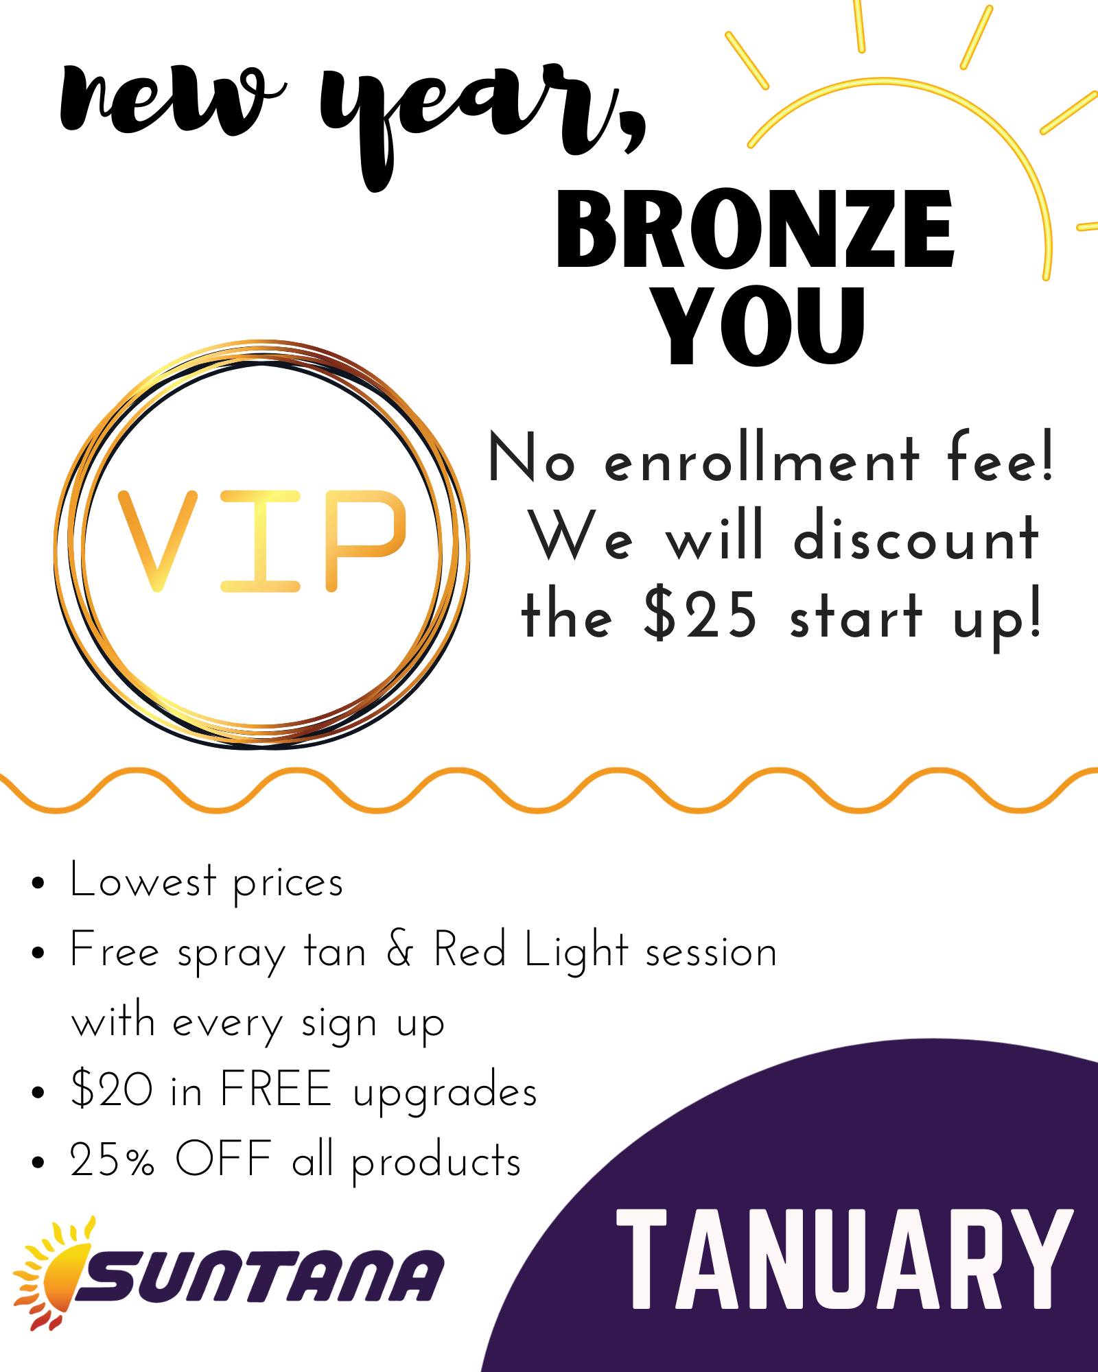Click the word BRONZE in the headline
755,231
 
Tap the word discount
915,539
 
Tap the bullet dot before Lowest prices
38,884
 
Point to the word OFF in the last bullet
224,1161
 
